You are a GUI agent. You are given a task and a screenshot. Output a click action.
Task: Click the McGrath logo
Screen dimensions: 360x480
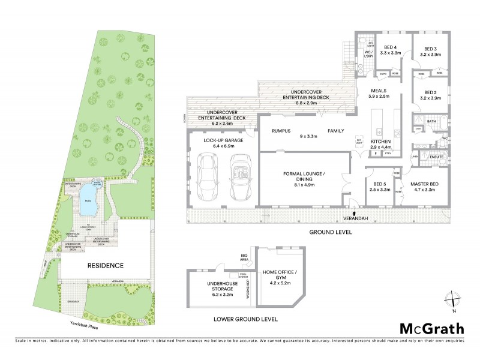pyautogui.click(x=432, y=328)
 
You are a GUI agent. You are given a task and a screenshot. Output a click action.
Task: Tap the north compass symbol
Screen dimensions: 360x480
pyautogui.click(x=453, y=299)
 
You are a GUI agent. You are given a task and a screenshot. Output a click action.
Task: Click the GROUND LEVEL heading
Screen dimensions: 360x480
pyautogui.click(x=330, y=231)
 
